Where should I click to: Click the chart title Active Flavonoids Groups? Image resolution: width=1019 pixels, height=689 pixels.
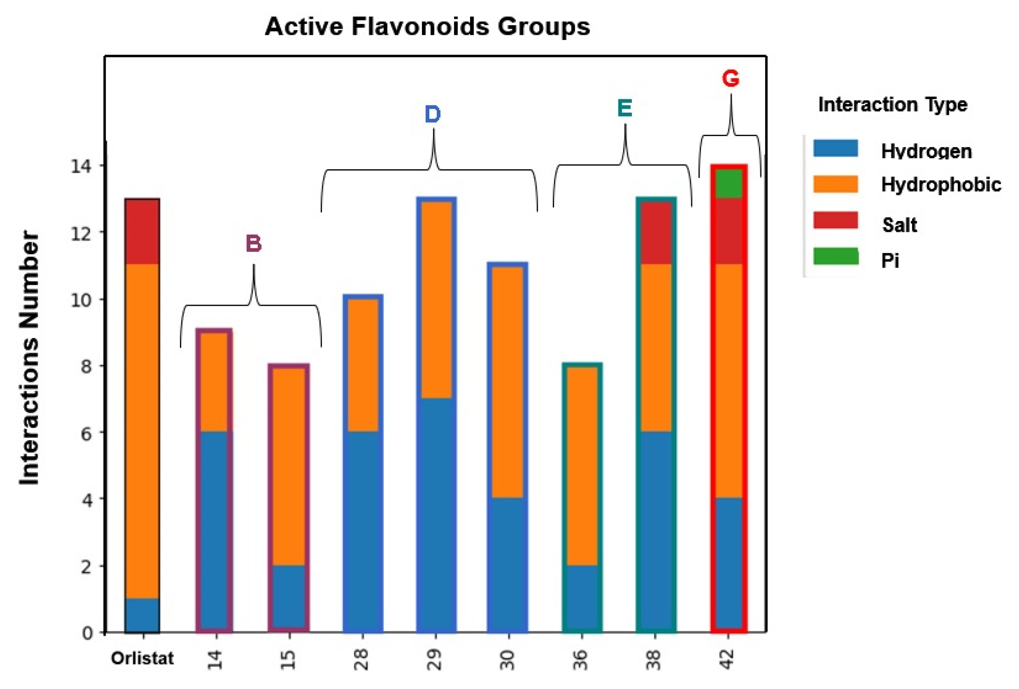pyautogui.click(x=427, y=27)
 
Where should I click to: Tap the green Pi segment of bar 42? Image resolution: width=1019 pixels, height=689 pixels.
pyautogui.click(x=728, y=184)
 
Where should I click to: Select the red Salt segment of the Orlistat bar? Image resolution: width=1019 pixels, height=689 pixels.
pyautogui.click(x=142, y=231)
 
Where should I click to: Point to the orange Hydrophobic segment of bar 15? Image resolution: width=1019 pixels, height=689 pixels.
pyautogui.click(x=289, y=466)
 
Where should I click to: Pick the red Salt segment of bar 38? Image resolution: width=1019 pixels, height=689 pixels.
pyautogui.click(x=656, y=233)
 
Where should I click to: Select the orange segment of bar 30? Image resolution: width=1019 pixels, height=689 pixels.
pyautogui.click(x=507, y=382)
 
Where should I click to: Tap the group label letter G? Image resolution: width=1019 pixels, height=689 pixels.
pyautogui.click(x=730, y=79)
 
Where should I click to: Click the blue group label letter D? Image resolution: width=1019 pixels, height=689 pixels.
pyautogui.click(x=432, y=114)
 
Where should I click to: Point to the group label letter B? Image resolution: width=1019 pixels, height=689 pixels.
pyautogui.click(x=253, y=244)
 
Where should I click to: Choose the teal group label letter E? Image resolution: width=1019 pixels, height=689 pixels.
pyautogui.click(x=624, y=108)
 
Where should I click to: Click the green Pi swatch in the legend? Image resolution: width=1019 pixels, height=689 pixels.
pyautogui.click(x=835, y=256)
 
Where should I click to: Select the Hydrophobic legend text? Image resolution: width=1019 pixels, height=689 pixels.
pyautogui.click(x=941, y=185)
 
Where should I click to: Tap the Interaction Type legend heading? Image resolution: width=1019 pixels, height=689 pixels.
pyautogui.click(x=892, y=104)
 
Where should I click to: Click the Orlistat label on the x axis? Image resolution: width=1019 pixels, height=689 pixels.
pyautogui.click(x=142, y=658)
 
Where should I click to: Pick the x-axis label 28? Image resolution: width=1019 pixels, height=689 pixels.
pyautogui.click(x=361, y=659)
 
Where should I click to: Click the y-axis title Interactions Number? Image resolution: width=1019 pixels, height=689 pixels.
pyautogui.click(x=30, y=358)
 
